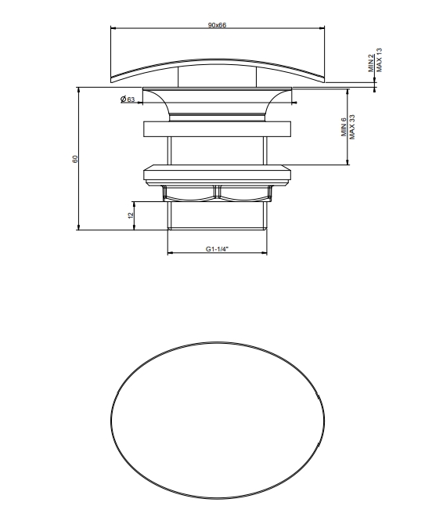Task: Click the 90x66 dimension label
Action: (217, 25)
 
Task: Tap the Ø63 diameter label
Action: (128, 99)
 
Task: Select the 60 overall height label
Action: (75, 159)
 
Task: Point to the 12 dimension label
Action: (131, 215)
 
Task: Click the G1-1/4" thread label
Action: (217, 249)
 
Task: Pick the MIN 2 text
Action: (371, 63)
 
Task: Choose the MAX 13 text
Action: (379, 60)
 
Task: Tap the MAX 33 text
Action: (352, 127)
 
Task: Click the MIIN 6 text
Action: (344, 127)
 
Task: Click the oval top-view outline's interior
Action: (218, 421)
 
